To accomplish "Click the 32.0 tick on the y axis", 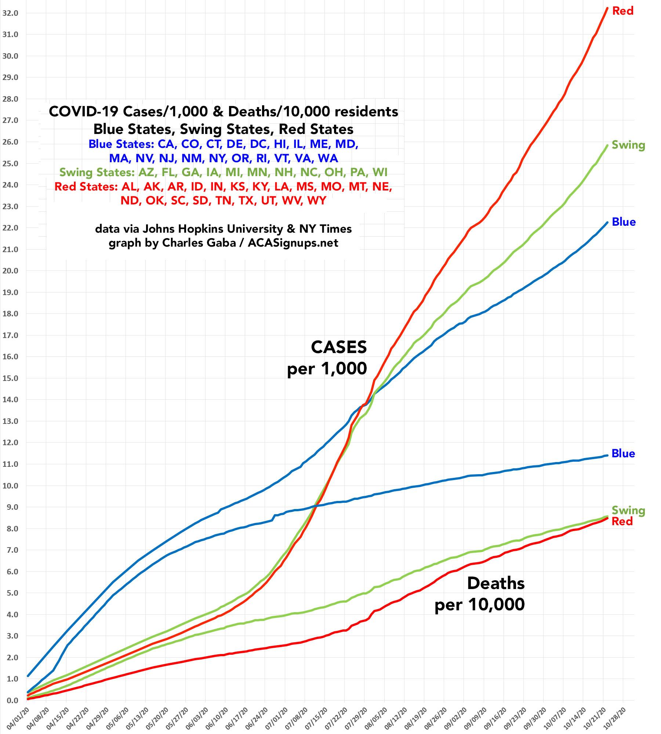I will (10, 13).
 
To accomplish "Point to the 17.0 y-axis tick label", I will (10, 335).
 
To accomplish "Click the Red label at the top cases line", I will (623, 11).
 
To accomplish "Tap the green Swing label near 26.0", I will (628, 145).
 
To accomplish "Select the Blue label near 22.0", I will (624, 222).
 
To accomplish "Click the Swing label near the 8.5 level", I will (628, 510).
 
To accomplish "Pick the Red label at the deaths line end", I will (622, 521).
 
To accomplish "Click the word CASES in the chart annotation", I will (339, 347).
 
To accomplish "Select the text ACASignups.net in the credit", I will (293, 243).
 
